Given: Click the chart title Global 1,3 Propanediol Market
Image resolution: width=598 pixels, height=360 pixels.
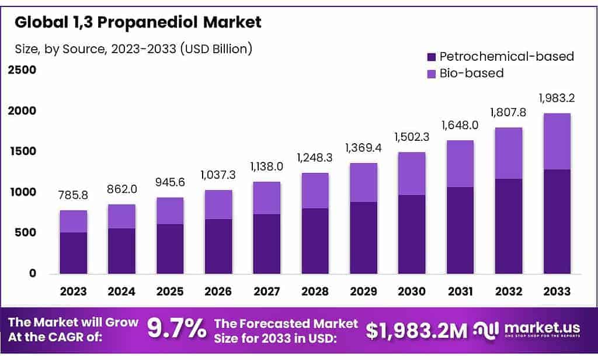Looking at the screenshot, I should point(138,23).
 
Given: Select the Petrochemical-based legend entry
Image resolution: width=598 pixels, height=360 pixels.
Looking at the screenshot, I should point(506,57).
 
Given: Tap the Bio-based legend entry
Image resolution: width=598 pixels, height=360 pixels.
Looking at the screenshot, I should point(471,73).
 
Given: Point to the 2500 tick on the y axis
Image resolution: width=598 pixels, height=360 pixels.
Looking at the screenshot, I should point(22,70).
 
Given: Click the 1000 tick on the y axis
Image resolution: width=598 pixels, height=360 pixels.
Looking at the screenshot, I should point(22,192).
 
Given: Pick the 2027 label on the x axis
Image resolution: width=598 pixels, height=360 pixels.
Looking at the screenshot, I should point(267,291).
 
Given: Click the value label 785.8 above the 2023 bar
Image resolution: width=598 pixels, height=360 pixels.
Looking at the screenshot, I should point(73,196).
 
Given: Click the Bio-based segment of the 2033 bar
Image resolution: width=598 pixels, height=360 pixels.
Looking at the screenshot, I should point(557,141).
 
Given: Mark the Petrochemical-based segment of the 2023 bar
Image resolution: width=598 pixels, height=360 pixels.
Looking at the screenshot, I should point(73,253).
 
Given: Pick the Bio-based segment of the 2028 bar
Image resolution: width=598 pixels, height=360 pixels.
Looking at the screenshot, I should point(316,191).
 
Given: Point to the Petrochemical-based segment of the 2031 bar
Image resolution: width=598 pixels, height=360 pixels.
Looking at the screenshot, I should point(460,230).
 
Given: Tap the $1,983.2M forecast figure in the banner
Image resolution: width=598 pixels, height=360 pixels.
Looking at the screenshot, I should point(416,331).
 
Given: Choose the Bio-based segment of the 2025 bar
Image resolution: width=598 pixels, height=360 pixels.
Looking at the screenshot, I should point(170,211).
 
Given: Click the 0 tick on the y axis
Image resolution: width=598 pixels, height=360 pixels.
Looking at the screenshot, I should point(32,274).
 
